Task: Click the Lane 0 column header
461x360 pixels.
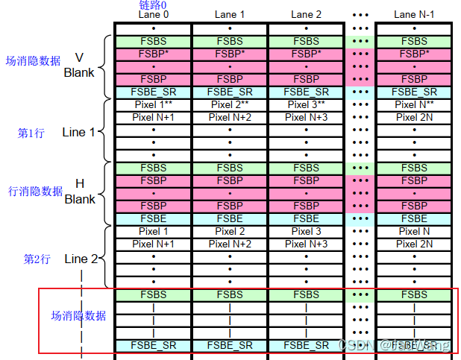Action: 153,14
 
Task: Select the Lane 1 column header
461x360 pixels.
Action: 230,14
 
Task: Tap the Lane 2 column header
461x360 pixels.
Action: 306,14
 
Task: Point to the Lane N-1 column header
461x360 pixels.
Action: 414,14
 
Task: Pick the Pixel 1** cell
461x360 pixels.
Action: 153,105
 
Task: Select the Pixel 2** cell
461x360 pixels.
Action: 230,105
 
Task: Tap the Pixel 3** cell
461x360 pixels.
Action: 306,105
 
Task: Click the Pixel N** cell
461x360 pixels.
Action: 414,105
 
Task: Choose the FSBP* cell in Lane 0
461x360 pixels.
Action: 153,54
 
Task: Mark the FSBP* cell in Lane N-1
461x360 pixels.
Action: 414,54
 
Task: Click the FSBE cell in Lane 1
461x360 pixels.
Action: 230,218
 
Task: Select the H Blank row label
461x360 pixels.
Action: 80,192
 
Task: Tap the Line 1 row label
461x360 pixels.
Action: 78,132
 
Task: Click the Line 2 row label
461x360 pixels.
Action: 81,259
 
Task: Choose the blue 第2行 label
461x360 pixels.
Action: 37,259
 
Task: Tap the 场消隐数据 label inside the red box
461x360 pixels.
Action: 78,316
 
